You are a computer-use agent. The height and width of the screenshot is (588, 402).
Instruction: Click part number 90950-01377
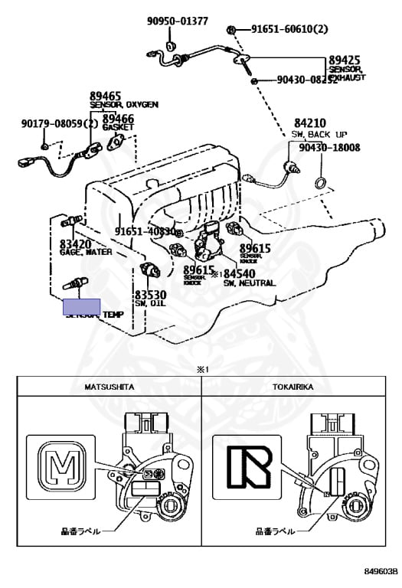(178, 21)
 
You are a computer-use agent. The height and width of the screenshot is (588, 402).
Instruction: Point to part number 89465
(106, 96)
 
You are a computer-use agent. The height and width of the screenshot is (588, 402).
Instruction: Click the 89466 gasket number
(119, 119)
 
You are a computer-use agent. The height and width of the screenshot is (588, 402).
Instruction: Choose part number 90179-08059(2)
(60, 122)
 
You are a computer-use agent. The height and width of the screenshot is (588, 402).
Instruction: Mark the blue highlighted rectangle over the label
(82, 308)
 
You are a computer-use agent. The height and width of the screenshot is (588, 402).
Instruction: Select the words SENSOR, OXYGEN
(124, 105)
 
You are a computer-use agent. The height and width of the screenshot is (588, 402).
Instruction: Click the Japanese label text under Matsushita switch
(80, 530)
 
